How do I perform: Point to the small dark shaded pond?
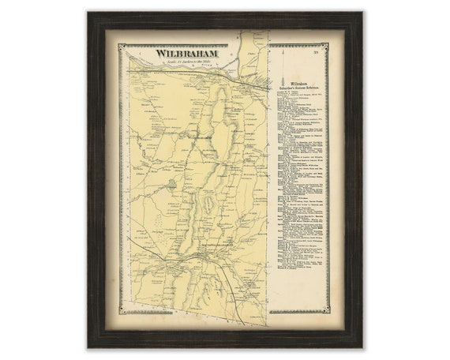point(171,184)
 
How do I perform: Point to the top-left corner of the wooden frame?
point(89,13)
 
